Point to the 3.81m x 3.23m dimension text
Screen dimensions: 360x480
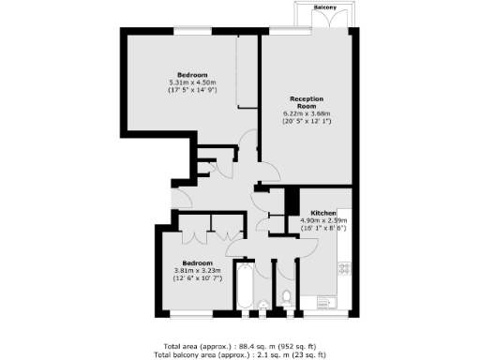[198, 270]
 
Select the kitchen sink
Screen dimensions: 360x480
[327, 302]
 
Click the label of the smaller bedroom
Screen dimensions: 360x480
[197, 262]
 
